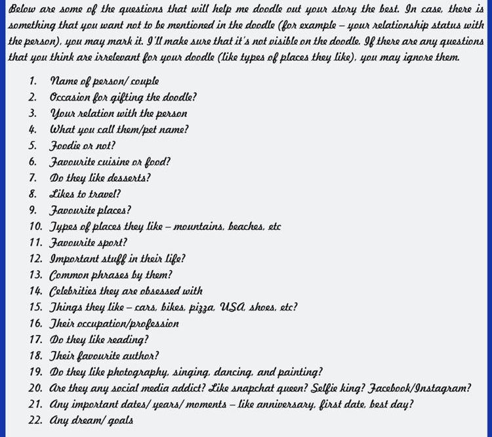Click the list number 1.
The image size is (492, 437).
click(33, 81)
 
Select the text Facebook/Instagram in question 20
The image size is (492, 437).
click(415, 388)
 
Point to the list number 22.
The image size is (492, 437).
click(35, 420)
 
